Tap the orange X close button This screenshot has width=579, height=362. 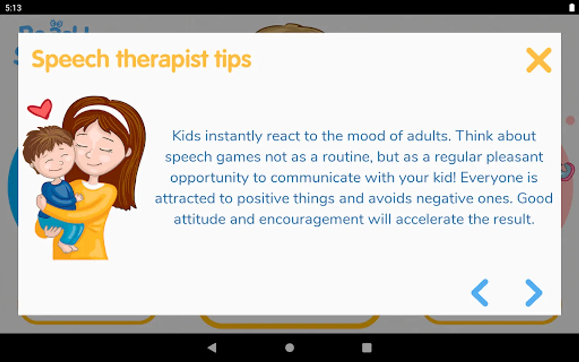(539, 60)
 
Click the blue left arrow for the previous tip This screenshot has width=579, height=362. (480, 293)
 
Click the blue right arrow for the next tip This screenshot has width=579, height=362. (534, 293)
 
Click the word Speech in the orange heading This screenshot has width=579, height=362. (70, 60)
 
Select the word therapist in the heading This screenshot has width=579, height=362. (162, 60)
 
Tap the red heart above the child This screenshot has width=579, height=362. (40, 109)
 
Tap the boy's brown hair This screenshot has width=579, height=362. (47, 141)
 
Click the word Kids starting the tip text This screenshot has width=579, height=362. (187, 136)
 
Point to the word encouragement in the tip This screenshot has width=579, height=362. (312, 220)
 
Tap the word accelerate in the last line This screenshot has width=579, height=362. (430, 220)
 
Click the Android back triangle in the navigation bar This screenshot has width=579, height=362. (212, 348)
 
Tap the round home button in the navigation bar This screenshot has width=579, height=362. (289, 348)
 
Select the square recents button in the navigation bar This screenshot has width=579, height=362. (367, 348)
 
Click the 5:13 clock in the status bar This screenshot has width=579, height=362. (13, 8)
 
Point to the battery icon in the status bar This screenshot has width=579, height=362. (572, 8)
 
